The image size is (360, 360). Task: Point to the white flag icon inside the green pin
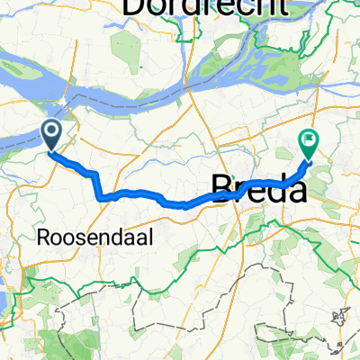[308, 139]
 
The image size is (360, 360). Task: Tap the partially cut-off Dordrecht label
[206, 7]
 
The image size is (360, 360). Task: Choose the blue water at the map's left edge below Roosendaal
[3, 301]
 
